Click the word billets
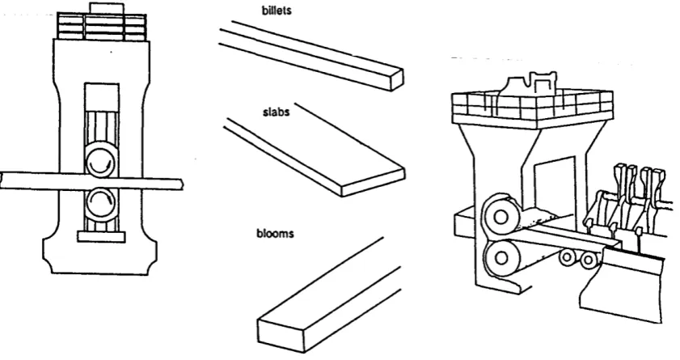[x=277, y=10]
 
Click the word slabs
[x=277, y=112]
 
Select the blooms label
[x=275, y=234]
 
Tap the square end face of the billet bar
[x=397, y=80]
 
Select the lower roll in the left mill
[x=100, y=203]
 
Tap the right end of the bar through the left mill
[x=183, y=184]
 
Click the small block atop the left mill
[x=107, y=8]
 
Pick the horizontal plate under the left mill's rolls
[x=101, y=236]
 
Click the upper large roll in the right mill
[x=501, y=217]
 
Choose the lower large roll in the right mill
[x=500, y=258]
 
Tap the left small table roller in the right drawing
[x=567, y=257]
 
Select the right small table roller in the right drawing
[x=588, y=260]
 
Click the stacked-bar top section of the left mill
[x=102, y=27]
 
